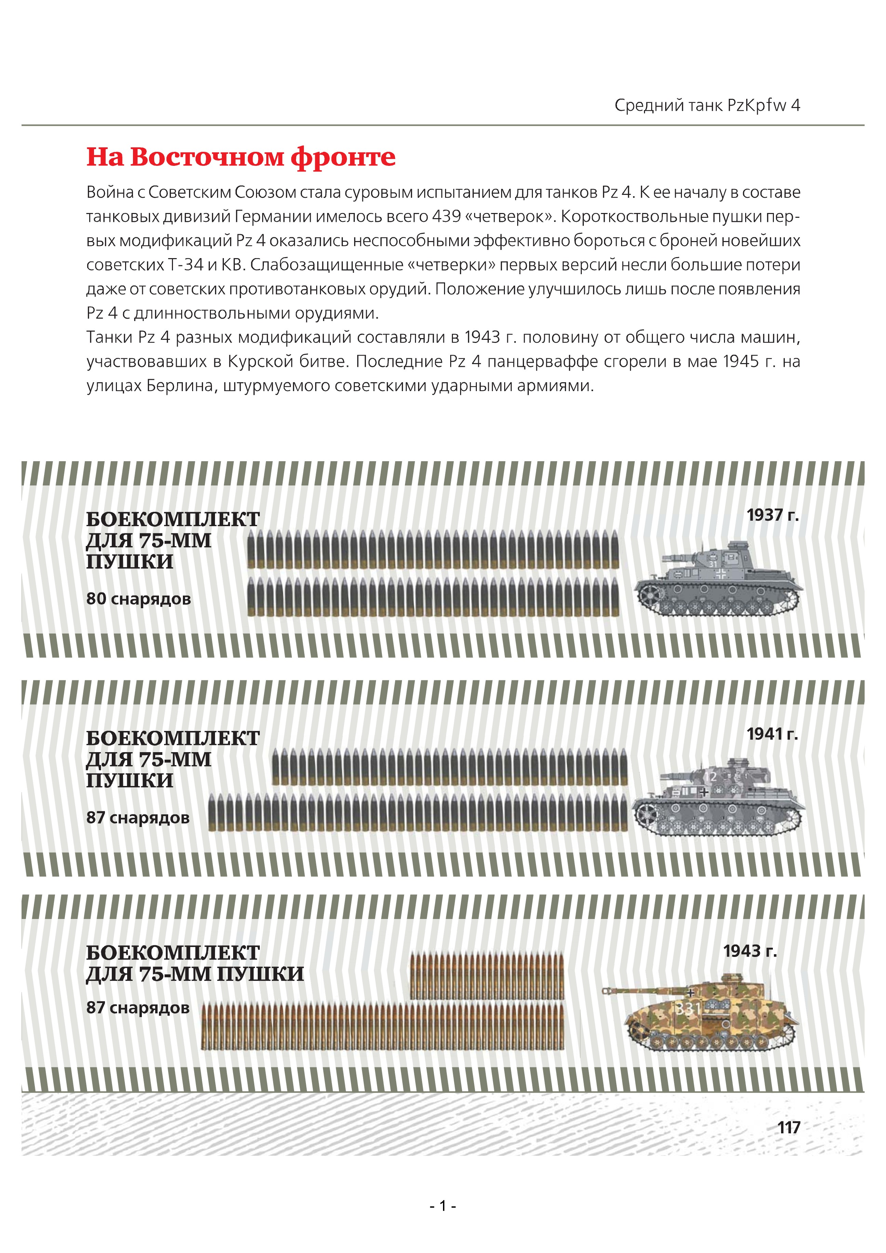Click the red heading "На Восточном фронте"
(241, 157)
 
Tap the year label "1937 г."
(772, 515)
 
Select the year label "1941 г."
(772, 734)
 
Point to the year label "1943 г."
(750, 951)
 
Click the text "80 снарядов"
(138, 599)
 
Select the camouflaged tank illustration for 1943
(709, 1015)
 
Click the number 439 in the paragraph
(446, 217)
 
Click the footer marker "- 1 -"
(442, 1205)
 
